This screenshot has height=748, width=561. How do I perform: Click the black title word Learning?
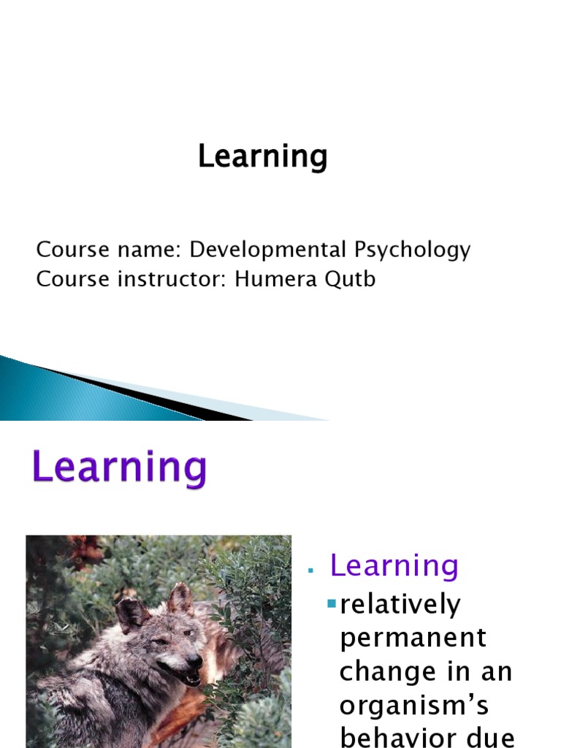tap(262, 157)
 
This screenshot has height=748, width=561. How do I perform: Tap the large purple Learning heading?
tap(120, 468)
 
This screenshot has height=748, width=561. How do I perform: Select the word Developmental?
tap(267, 250)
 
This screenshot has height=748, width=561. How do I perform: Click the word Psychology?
tap(413, 250)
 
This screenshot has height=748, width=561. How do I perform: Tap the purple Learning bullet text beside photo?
tap(394, 565)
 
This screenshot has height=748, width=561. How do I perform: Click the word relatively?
tap(400, 604)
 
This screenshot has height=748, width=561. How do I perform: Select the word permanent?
tap(413, 638)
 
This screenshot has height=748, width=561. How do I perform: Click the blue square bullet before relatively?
tap(332, 603)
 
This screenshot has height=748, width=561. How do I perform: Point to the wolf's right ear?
tap(178, 598)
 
